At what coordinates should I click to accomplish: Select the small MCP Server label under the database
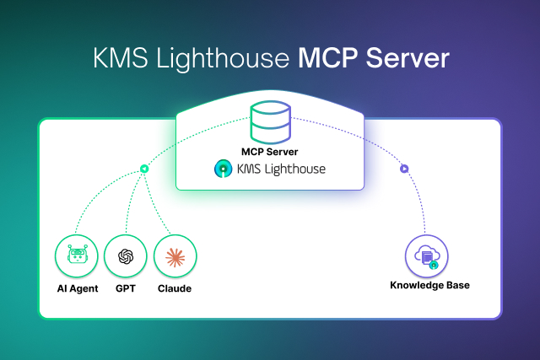coord(270,153)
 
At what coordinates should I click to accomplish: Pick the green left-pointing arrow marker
coord(144,169)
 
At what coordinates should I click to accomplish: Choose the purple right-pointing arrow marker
coord(404,169)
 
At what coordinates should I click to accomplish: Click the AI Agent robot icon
coord(76,256)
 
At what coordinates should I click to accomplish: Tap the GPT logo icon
coord(126,256)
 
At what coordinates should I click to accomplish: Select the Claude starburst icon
coord(175,256)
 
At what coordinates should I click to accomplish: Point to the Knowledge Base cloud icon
coord(428,256)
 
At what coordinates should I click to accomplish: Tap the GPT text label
coord(126,288)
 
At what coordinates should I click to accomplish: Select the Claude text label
coord(175,288)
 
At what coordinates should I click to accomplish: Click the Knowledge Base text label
coord(429,285)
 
